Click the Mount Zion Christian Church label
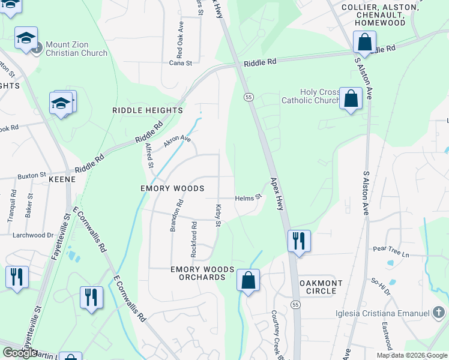(76, 49)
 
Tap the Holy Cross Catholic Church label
(311, 96)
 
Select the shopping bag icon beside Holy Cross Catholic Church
(351, 98)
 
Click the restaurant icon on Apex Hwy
(299, 241)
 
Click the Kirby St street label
(218, 215)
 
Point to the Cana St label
(180, 62)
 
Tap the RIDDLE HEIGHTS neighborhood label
(147, 110)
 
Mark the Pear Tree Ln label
(390, 254)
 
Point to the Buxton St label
(32, 175)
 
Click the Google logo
(20, 353)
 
